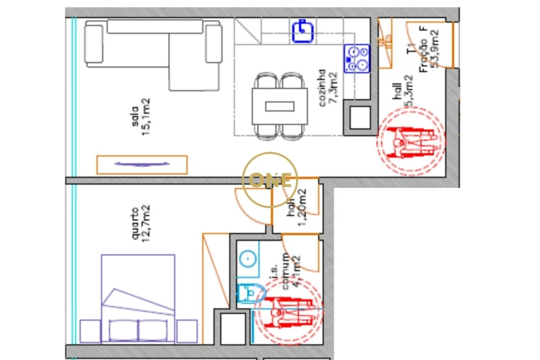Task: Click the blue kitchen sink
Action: (x=302, y=29)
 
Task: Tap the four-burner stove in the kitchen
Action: (x=357, y=58)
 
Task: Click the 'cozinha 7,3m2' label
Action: (x=327, y=87)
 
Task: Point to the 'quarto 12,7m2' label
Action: (x=140, y=223)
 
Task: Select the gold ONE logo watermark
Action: (x=269, y=180)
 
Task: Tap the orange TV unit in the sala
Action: (x=142, y=164)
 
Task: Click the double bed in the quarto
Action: (x=138, y=299)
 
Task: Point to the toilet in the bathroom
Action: (x=248, y=293)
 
